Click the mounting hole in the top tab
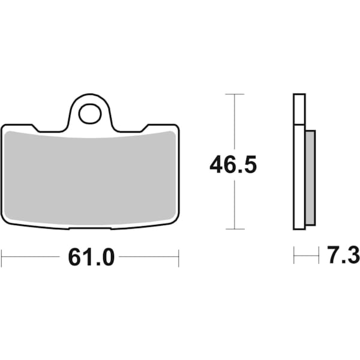[90, 113]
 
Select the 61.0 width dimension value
[91, 257]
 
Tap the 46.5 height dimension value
[233, 164]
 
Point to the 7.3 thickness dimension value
[344, 256]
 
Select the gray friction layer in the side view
[310, 178]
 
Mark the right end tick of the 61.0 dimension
[179, 258]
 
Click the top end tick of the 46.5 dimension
[234, 94]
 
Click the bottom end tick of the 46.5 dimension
[234, 229]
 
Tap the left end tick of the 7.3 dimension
[294, 256]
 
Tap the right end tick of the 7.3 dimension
[318, 256]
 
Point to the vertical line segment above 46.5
[234, 123]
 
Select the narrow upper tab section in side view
[299, 109]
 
